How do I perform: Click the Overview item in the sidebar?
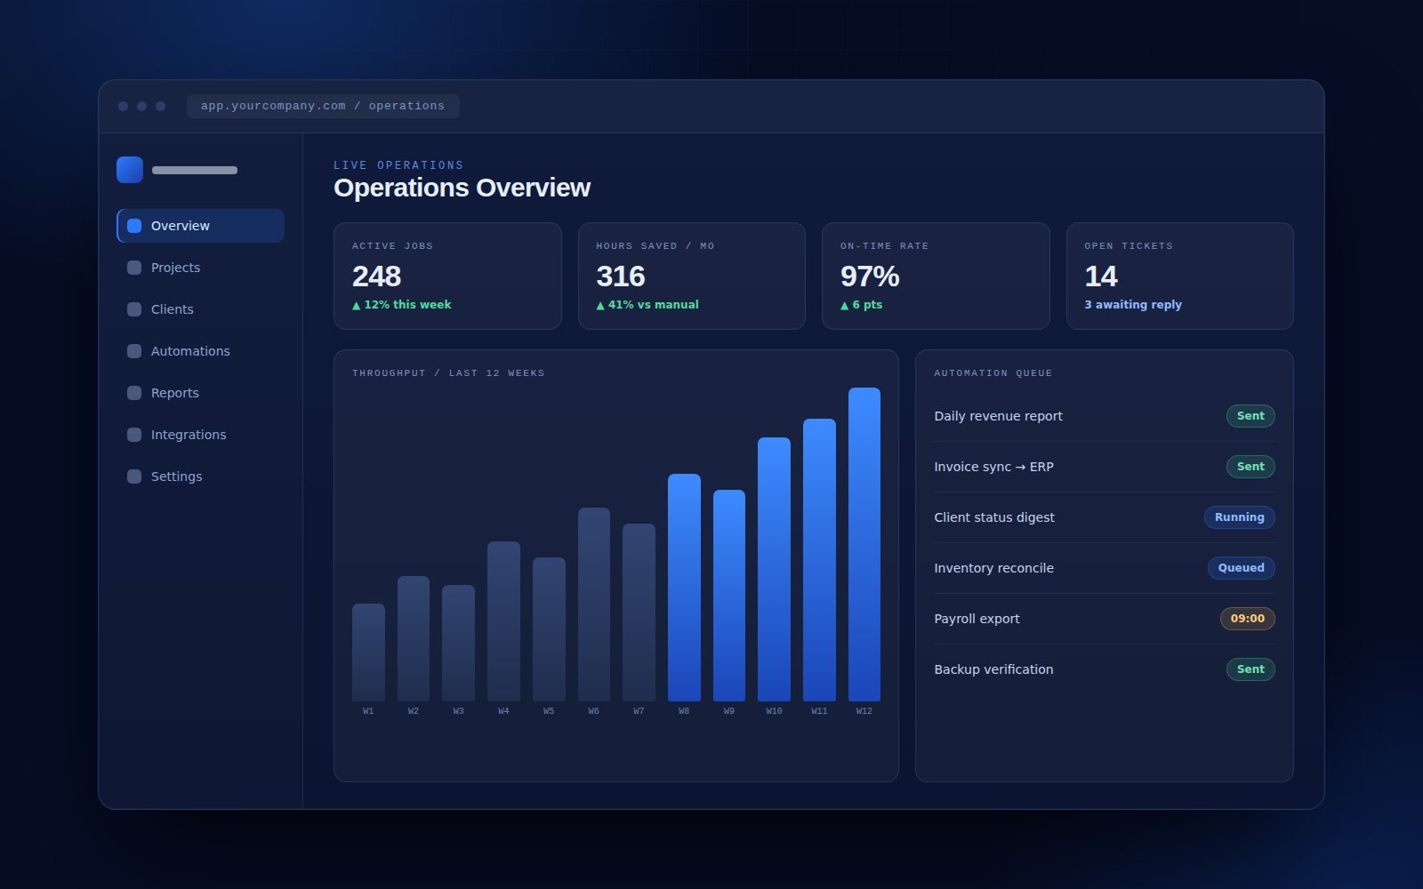201,226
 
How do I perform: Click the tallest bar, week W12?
864,544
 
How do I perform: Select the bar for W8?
684,588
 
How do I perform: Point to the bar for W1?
368,653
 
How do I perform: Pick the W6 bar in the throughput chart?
594,604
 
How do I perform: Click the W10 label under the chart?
774,711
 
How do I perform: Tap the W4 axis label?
503,711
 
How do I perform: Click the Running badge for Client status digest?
1240,517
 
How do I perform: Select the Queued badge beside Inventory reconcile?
1242,568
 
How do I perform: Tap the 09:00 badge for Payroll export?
1248,619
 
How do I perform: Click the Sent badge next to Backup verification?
1250,669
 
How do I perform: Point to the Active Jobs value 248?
377,276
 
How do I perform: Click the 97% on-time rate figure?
870,276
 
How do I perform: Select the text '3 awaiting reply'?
1133,305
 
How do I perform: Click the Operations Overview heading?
462,188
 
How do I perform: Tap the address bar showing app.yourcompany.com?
323,106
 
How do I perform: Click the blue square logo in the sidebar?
130,170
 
